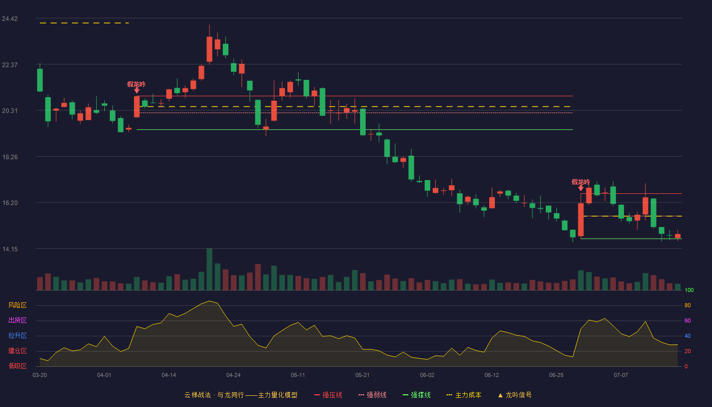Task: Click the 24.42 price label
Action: pyautogui.click(x=10, y=19)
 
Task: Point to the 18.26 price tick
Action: pyautogui.click(x=10, y=157)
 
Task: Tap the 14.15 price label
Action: pyautogui.click(x=10, y=249)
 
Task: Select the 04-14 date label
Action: pyautogui.click(x=169, y=375)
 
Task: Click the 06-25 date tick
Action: pyautogui.click(x=556, y=375)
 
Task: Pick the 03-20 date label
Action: pyautogui.click(x=40, y=375)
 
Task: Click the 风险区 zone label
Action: pyautogui.click(x=17, y=305)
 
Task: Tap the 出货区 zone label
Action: pyautogui.click(x=17, y=320)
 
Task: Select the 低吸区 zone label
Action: pyautogui.click(x=17, y=366)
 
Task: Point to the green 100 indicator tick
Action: pyautogui.click(x=689, y=290)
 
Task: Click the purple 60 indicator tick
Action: pyautogui.click(x=688, y=321)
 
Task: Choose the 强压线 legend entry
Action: pyautogui.click(x=328, y=395)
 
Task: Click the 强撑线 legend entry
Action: pyautogui.click(x=417, y=395)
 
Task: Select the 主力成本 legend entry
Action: pyautogui.click(x=464, y=395)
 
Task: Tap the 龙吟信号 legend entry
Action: pyautogui.click(x=515, y=395)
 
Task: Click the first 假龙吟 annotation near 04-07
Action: pyautogui.click(x=136, y=84)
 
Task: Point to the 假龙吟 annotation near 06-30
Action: pyautogui.click(x=581, y=182)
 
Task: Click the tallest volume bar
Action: pyautogui.click(x=209, y=269)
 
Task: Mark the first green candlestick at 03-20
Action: pyautogui.click(x=40, y=80)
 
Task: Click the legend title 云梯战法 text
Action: pyautogui.click(x=197, y=395)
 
